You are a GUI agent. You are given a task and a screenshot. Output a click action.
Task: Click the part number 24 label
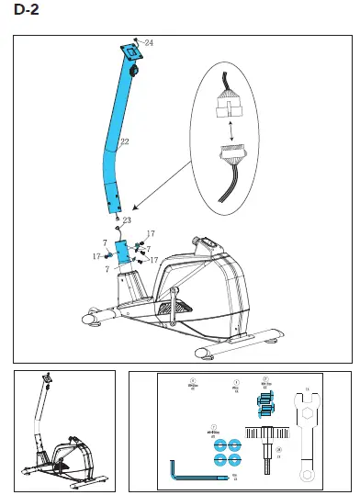[148, 43]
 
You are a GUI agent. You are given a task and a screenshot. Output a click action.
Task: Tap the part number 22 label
[124, 141]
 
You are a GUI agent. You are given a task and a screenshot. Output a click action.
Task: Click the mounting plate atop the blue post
[129, 52]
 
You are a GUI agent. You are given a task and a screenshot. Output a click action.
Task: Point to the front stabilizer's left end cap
[91, 319]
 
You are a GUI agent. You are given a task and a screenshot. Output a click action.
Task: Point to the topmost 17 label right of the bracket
[152, 234]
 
